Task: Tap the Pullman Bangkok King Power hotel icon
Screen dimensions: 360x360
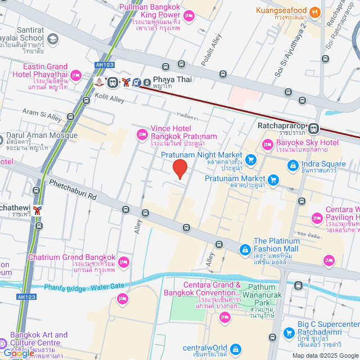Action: coord(189,15)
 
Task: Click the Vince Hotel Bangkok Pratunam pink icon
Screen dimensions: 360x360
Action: coord(142,134)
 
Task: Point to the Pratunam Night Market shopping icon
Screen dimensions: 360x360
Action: coord(250,160)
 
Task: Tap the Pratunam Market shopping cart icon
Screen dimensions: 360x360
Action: coord(273,180)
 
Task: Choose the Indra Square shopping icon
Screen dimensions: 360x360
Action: coord(293,165)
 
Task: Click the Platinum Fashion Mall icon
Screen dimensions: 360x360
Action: coord(245,249)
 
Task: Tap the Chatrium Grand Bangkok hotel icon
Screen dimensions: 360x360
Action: coord(124,262)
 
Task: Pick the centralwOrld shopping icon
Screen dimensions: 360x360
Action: coord(235,349)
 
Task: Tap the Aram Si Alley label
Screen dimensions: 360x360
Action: coord(42,115)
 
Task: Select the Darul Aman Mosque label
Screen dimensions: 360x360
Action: coord(42,136)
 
